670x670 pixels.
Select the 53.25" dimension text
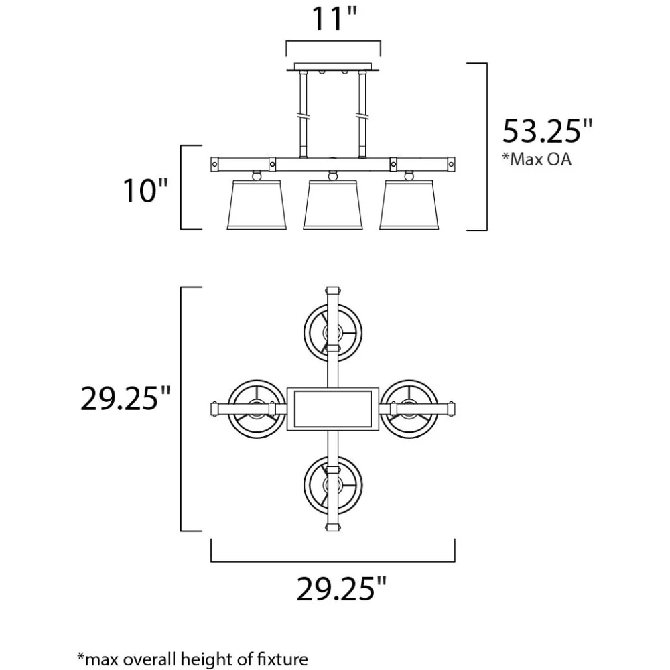point(547,131)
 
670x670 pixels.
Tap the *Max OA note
point(537,159)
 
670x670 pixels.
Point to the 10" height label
point(145,190)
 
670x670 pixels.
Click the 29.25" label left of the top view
point(125,398)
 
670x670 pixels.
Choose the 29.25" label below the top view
point(342,589)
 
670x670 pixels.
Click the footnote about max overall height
point(192,659)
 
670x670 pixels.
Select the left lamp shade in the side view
point(257,204)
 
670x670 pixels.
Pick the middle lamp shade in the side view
point(333,204)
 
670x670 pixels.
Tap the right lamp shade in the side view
point(409,204)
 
